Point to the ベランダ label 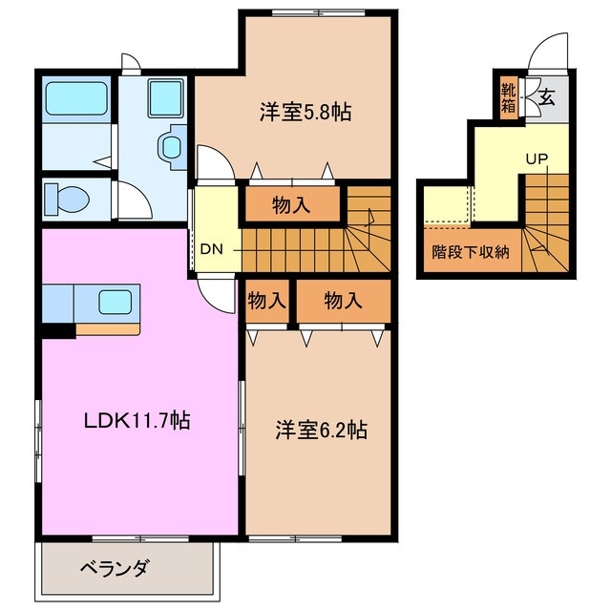coord(114,569)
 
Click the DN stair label coord(212,250)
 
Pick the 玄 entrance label coord(547,96)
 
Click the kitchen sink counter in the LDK coord(106,303)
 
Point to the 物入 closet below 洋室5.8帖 coord(292,203)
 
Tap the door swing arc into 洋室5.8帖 coord(212,162)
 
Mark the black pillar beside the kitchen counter coord(57,330)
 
